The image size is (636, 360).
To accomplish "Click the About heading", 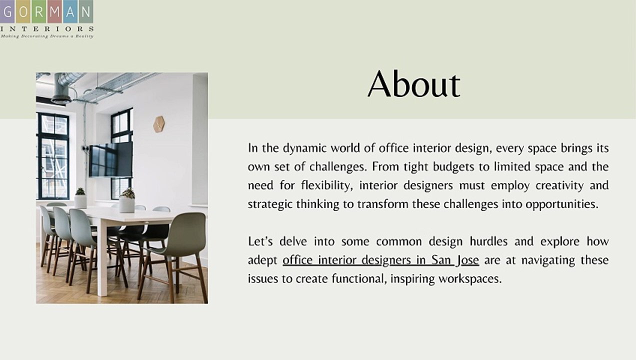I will pos(413,84).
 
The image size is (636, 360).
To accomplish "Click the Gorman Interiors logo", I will pos(46,19).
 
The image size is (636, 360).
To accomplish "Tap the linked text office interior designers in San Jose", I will pos(380,260).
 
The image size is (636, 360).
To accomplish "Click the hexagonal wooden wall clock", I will pos(159,124).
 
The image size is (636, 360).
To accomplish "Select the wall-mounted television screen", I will pos(110,159).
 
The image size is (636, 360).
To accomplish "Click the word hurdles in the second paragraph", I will pos(488,242).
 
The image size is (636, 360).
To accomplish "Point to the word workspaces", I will pos(469,279).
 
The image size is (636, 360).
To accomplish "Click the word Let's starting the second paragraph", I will pos(260,242).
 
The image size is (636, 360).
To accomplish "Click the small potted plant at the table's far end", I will pos(80,198).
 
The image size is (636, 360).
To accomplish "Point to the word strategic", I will pos(269,204).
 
